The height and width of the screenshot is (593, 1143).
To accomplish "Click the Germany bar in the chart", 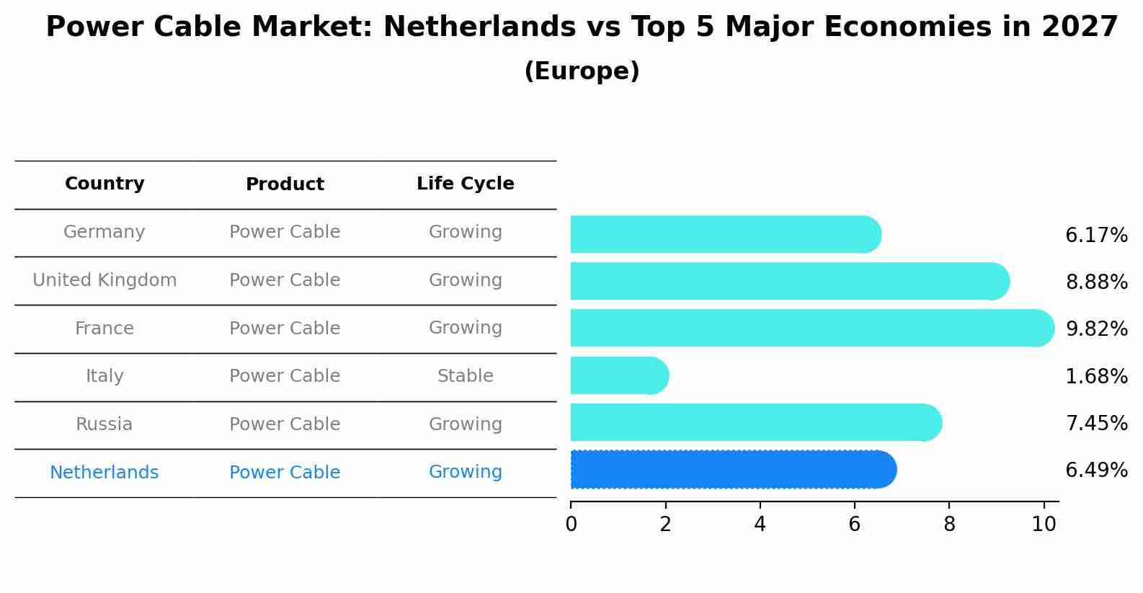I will coord(725,234).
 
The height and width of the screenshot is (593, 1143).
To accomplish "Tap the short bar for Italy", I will coord(619,375).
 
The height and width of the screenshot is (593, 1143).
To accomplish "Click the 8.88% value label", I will coord(1096,282).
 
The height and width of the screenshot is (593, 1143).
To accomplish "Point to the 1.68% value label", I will coord(1096,376).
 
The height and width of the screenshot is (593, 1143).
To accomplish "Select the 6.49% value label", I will coord(1096,471).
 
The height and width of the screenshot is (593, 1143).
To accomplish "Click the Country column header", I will coord(104,184).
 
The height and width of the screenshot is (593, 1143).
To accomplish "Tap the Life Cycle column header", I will coord(465,184).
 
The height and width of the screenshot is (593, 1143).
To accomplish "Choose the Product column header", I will coord(285,184).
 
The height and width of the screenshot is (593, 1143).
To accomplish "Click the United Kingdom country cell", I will coord(104,280).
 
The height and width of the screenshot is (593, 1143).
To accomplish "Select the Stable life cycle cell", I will coord(465,376).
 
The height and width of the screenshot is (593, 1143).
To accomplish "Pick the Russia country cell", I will coord(104,424).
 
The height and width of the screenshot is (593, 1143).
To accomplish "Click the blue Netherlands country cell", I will coord(104,473).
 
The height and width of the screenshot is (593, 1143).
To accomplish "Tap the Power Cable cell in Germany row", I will coord(285,232).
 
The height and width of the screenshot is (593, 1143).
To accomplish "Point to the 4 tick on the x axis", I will coord(760,525).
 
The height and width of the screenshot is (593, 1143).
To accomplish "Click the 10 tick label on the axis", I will coord(1044,525).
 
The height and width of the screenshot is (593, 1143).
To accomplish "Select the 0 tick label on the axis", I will coord(571,525).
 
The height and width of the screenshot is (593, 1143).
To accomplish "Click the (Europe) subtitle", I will coord(582,71).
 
